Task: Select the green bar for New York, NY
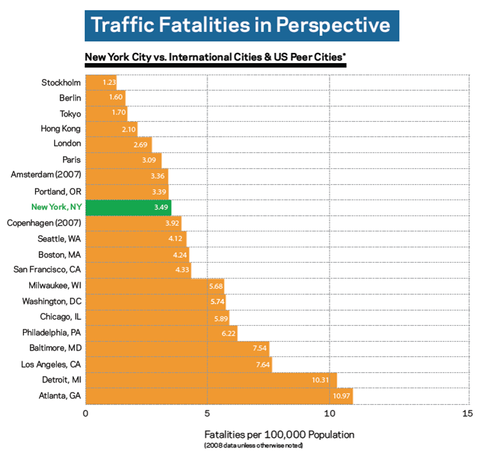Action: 127,208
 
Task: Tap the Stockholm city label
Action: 61,82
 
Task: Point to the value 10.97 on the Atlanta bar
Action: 341,396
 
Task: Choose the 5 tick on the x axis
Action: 207,413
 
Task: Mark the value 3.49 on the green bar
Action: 161,208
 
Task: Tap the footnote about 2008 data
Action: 254,445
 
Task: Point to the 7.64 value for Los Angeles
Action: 262,365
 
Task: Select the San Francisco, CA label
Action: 47,270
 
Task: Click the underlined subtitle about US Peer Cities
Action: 215,57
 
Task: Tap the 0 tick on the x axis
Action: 85,413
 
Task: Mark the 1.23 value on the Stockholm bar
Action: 109,82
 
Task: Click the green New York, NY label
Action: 56,208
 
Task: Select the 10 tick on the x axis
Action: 329,413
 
